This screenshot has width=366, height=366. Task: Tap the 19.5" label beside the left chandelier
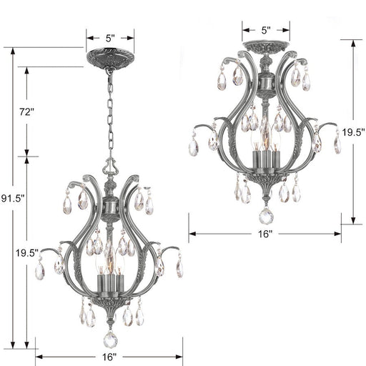[x=26, y=252]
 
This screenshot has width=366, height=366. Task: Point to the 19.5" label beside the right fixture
[x=353, y=132]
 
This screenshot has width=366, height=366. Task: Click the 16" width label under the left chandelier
[x=109, y=357]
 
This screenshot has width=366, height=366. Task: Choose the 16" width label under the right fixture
[x=264, y=234]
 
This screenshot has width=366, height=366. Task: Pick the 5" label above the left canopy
[x=109, y=36]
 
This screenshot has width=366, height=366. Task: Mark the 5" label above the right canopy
[x=265, y=30]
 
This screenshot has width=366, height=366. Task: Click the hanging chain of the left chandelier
[x=109, y=114]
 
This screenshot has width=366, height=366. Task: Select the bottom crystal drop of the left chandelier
[x=110, y=339]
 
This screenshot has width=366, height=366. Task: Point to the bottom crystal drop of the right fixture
[x=265, y=215]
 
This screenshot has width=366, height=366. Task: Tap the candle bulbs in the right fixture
[x=265, y=147]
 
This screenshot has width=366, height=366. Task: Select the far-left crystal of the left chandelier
[x=40, y=269]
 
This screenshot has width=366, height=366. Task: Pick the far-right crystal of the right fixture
[x=337, y=144]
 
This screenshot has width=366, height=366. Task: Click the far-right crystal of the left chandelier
[x=179, y=269]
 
